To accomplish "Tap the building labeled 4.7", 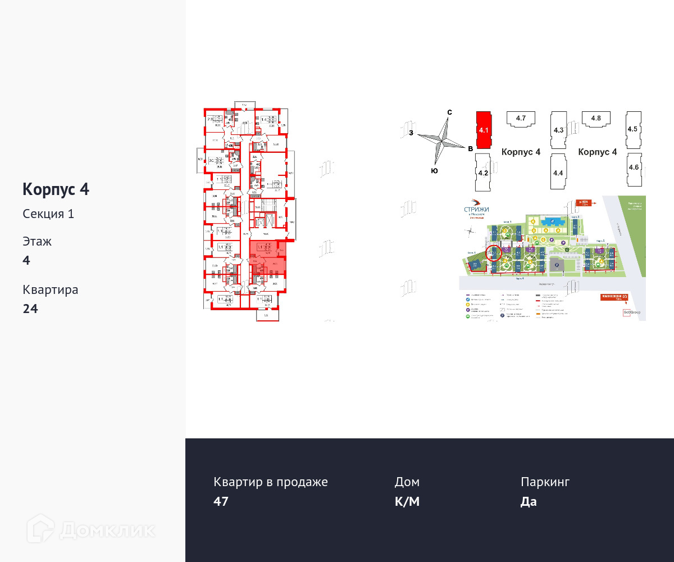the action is coord(520,119).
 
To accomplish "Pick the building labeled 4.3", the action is coord(558,130).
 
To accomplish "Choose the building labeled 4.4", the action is coord(558,173).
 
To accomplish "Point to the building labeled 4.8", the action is coord(596,119).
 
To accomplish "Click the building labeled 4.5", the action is coord(633,129).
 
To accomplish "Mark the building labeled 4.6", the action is coord(634,167).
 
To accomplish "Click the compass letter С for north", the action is coord(449,112).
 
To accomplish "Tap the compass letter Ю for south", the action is coord(434,170).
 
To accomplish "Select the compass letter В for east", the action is coord(470,148).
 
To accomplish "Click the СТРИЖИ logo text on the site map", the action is coord(476,209).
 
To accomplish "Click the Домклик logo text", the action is coord(107,529).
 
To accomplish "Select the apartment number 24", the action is coord(30,309).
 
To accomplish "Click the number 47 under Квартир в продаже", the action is coord(221,501).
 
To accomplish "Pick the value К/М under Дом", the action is coord(407,501).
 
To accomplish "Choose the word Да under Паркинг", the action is coord(529,501).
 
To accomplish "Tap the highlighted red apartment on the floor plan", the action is coord(267,257).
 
